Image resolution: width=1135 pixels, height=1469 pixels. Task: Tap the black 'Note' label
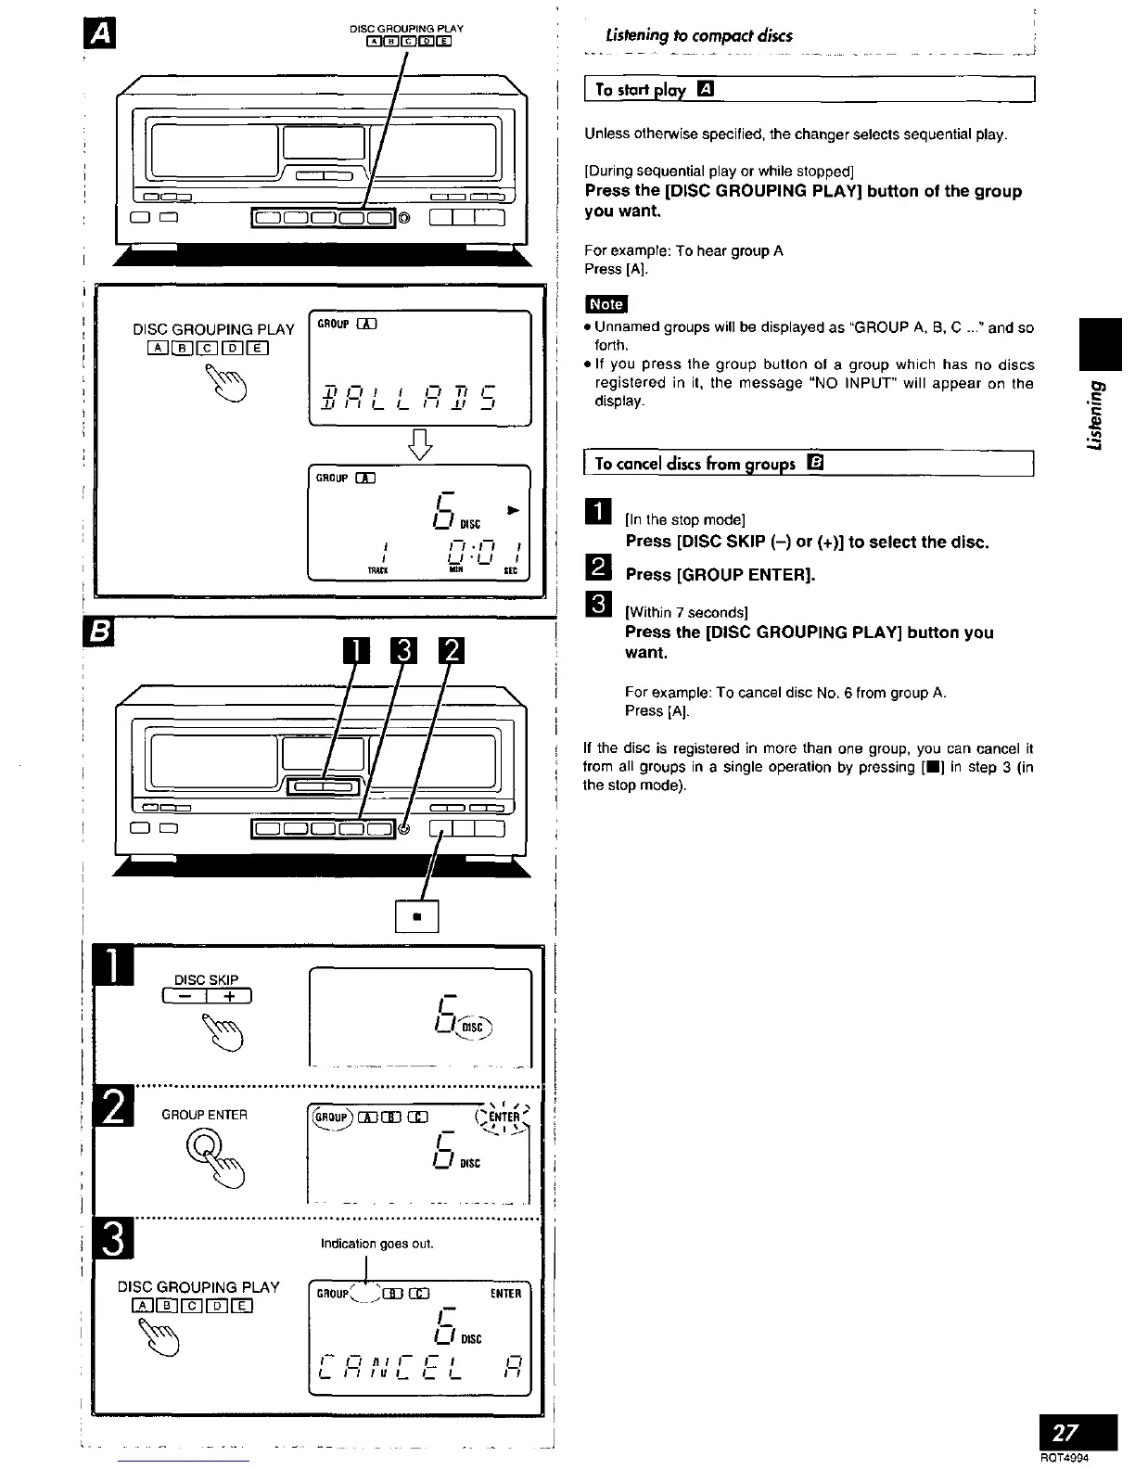point(606,303)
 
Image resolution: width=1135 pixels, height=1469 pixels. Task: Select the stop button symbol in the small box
point(416,916)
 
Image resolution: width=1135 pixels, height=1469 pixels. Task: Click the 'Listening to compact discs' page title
point(698,36)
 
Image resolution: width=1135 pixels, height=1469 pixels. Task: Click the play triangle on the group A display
point(513,510)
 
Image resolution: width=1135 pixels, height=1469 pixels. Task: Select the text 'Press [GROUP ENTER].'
point(720,575)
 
